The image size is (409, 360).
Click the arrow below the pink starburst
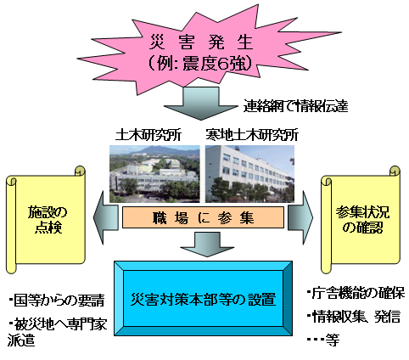tap(201, 104)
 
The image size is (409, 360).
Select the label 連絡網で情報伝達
tap(295, 106)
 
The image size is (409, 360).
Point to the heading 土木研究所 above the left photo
tap(148, 135)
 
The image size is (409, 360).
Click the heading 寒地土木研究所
tap(252, 135)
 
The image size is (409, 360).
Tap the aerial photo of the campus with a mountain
tap(154, 174)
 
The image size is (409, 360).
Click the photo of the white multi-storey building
tap(249, 174)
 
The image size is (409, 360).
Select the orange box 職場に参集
tap(203, 217)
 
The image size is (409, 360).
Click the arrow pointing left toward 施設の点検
tap(105, 217)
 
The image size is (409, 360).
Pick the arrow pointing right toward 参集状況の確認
tap(300, 217)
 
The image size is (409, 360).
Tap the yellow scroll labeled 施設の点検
tap(46, 220)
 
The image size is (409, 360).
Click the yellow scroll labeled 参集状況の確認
tap(361, 220)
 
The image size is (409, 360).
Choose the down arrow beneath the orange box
tap(207, 244)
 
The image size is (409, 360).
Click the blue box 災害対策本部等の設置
tap(203, 298)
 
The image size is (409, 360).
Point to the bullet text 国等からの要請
tap(57, 301)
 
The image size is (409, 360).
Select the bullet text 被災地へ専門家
tap(58, 323)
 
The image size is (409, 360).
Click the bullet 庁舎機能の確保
tap(356, 293)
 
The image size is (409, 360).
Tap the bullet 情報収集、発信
tap(354, 317)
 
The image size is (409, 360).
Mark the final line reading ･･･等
tap(323, 340)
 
